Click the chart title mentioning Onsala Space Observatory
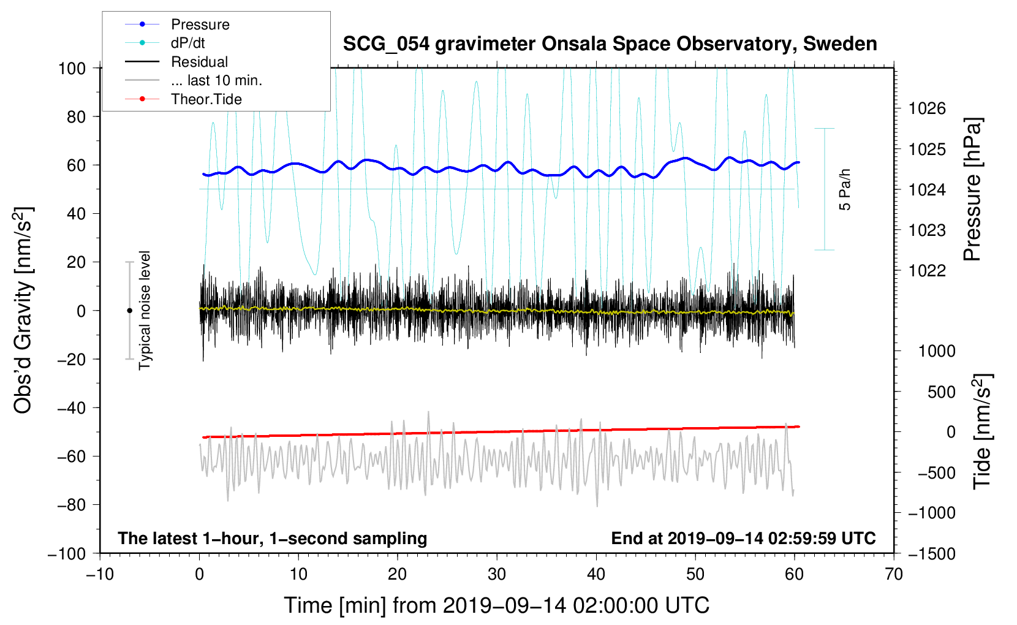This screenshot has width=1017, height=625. click(x=610, y=44)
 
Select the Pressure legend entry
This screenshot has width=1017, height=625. click(x=200, y=25)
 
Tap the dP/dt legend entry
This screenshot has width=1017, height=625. click(x=187, y=44)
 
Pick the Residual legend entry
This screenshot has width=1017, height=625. click(x=199, y=62)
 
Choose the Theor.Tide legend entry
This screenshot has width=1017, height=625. click(x=206, y=99)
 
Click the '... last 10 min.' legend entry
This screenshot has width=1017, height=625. click(x=216, y=80)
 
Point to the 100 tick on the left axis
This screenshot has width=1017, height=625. click(x=72, y=68)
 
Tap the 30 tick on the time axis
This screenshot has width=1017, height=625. click(x=497, y=574)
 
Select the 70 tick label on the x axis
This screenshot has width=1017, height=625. click(x=894, y=574)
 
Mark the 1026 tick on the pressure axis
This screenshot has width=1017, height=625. click(x=927, y=109)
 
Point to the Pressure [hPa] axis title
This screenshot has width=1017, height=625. click(x=972, y=190)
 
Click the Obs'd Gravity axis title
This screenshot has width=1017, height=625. click(x=23, y=310)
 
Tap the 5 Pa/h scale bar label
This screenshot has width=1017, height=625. click(x=845, y=189)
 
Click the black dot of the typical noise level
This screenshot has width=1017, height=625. click(x=129, y=311)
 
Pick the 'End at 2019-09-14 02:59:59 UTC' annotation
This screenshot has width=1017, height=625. click(x=743, y=538)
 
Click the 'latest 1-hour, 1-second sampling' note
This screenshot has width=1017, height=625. click(x=273, y=538)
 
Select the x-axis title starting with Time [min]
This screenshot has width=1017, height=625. click(x=496, y=605)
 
